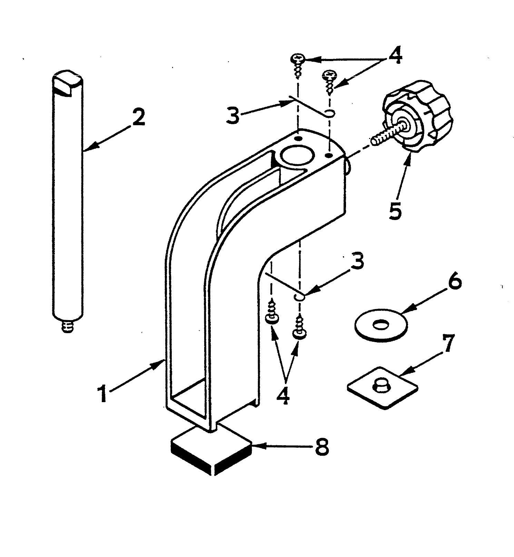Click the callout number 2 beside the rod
point(137,118)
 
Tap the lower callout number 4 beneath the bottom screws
point(284,396)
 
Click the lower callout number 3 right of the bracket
point(357,262)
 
